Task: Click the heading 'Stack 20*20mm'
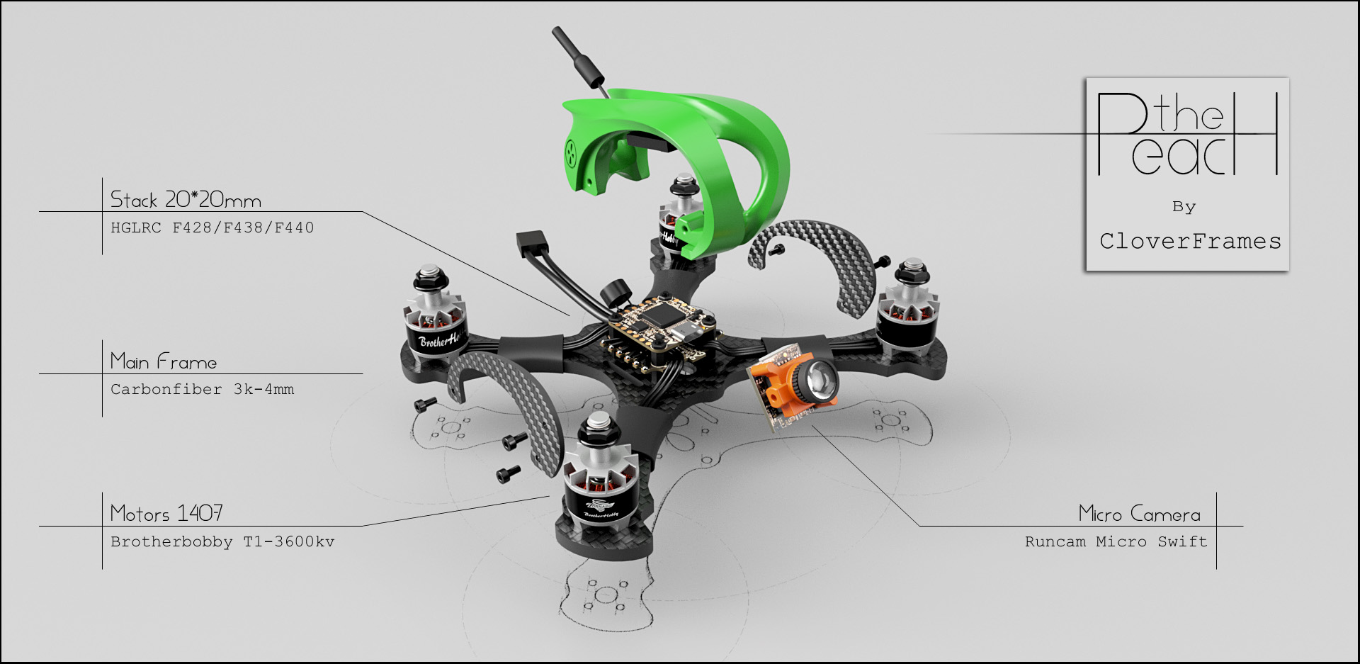(x=186, y=199)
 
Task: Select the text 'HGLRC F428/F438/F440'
(x=212, y=227)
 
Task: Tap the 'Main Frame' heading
(x=164, y=361)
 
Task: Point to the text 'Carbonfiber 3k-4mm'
(x=202, y=389)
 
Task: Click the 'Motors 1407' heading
(x=166, y=513)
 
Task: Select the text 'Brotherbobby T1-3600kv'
(x=222, y=541)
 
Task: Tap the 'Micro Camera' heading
(x=1139, y=514)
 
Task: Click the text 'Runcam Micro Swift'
(x=1116, y=541)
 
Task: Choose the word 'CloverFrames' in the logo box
(x=1190, y=241)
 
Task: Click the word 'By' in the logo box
(x=1184, y=207)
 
